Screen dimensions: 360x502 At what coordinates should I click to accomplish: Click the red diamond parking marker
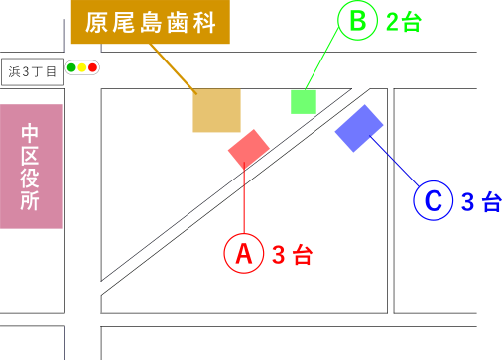click(x=248, y=149)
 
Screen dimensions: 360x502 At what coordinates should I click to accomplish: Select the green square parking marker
click(x=304, y=101)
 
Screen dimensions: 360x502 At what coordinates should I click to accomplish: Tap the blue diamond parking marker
click(x=359, y=128)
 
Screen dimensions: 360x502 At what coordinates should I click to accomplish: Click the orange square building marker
click(x=216, y=110)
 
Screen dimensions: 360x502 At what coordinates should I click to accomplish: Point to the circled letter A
click(x=243, y=254)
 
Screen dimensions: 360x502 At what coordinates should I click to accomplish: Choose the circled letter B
click(x=357, y=20)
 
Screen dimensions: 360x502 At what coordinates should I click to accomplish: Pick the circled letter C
click(x=433, y=200)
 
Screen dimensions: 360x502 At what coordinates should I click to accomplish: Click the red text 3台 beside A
click(x=292, y=255)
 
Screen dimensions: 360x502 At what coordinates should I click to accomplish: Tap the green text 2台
click(x=404, y=22)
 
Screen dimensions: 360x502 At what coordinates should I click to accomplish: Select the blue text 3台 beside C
click(x=481, y=202)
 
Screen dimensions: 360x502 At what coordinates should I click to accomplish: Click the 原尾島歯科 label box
click(x=150, y=22)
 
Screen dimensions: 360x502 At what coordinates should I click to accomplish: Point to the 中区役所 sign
click(x=31, y=166)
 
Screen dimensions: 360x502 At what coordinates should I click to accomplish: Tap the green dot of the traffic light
click(x=71, y=67)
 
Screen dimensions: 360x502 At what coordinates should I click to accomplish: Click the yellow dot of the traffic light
click(x=82, y=67)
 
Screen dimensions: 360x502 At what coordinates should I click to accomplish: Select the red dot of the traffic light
click(x=93, y=67)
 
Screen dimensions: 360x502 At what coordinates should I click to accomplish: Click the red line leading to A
click(x=244, y=203)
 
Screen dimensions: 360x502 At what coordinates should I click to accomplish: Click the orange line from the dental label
click(x=172, y=67)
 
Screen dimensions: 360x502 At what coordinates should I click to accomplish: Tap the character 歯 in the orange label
click(x=178, y=22)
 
